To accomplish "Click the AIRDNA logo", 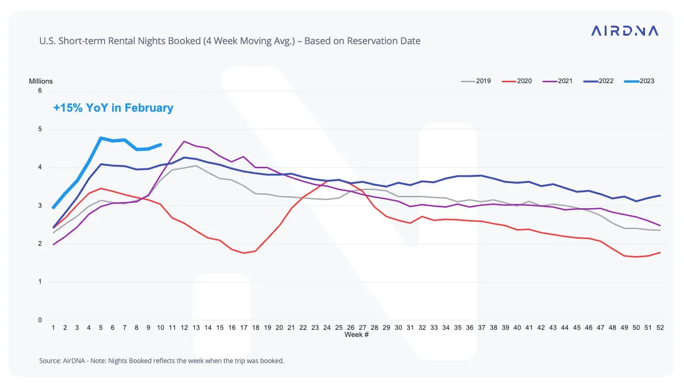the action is pyautogui.click(x=625, y=30).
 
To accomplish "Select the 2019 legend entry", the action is pyautogui.click(x=476, y=81).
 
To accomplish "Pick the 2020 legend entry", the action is pyautogui.click(x=517, y=81).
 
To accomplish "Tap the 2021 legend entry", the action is pyautogui.click(x=558, y=81).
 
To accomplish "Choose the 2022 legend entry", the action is pyautogui.click(x=598, y=81).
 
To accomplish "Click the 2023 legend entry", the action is pyautogui.click(x=639, y=81).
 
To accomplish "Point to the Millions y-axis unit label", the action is pyautogui.click(x=41, y=81).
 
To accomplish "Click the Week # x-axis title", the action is pyautogui.click(x=356, y=335).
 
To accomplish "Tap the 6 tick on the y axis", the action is pyautogui.click(x=40, y=90).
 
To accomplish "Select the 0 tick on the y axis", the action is pyautogui.click(x=40, y=320).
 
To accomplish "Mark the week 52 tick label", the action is pyautogui.click(x=660, y=327).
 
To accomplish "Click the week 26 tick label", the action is pyautogui.click(x=351, y=327).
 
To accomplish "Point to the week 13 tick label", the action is pyautogui.click(x=196, y=327).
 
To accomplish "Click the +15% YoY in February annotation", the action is pyautogui.click(x=113, y=108).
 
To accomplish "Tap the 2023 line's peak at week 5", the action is pyautogui.click(x=101, y=138).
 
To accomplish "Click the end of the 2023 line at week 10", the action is pyautogui.click(x=161, y=145).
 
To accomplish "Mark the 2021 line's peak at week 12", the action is pyautogui.click(x=184, y=142).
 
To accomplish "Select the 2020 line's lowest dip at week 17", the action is pyautogui.click(x=244, y=253).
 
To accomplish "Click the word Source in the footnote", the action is pyautogui.click(x=49, y=361).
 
